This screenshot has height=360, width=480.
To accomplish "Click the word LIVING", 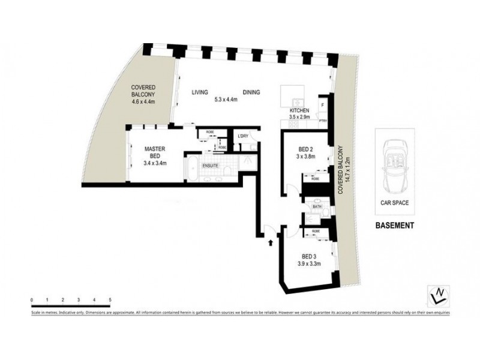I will click(200, 92).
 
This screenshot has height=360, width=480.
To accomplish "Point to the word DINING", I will click(251, 92).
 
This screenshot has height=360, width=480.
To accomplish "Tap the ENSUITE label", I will click(209, 165).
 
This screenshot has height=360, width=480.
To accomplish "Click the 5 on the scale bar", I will click(110, 298).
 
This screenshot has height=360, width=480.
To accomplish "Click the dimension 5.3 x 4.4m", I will click(226, 101).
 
